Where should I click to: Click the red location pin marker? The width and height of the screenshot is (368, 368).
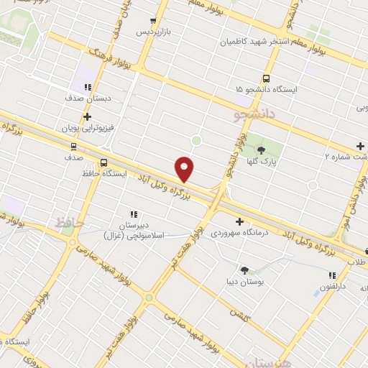[x=185, y=168]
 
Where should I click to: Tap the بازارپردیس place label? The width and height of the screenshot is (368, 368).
[x=155, y=32]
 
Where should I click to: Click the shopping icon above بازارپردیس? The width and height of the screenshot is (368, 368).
[x=152, y=21]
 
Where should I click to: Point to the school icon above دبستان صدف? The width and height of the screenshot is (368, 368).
[x=87, y=88]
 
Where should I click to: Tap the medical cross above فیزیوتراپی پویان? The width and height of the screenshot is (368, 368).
[x=87, y=116]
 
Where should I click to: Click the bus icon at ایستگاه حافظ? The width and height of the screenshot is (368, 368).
[x=105, y=163]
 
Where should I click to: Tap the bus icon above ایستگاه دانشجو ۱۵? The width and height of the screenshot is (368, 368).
[x=267, y=78]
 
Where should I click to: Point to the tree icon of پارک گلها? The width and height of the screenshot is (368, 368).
[x=261, y=151]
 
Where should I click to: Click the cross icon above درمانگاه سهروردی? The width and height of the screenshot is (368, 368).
[x=239, y=221]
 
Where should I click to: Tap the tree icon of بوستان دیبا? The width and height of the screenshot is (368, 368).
[x=245, y=270]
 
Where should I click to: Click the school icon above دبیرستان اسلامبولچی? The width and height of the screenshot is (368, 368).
[x=134, y=213]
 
